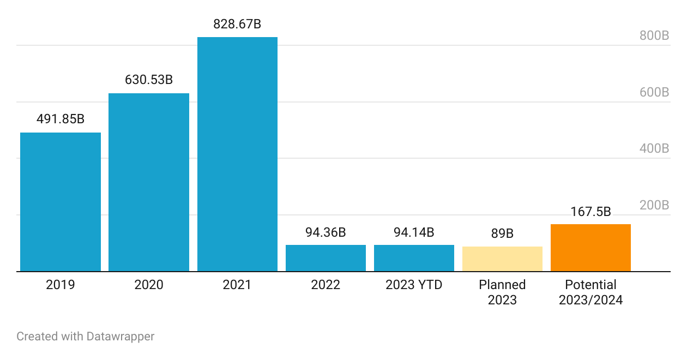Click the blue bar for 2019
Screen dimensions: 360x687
click(61, 202)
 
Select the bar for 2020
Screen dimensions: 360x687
click(149, 182)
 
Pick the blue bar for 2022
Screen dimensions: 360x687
click(326, 258)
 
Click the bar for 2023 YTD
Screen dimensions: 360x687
click(414, 258)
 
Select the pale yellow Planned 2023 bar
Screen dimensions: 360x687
click(502, 259)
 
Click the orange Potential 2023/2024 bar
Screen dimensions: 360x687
click(590, 248)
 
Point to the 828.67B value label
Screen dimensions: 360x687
click(237, 24)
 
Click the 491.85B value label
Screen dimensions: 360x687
click(61, 119)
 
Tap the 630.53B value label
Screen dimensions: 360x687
click(149, 80)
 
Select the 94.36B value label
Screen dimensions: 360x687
click(326, 232)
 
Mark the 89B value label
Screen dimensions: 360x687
click(502, 233)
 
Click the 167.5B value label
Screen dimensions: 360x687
click(590, 212)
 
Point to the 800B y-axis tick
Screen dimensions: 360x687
click(654, 36)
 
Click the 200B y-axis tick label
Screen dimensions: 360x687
click(654, 206)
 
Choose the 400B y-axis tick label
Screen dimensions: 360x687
click(654, 149)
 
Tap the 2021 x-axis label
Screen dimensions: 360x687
click(237, 285)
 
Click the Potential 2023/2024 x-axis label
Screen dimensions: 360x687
click(590, 292)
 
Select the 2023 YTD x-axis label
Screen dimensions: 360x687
click(414, 285)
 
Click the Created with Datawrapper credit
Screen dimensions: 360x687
click(86, 337)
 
